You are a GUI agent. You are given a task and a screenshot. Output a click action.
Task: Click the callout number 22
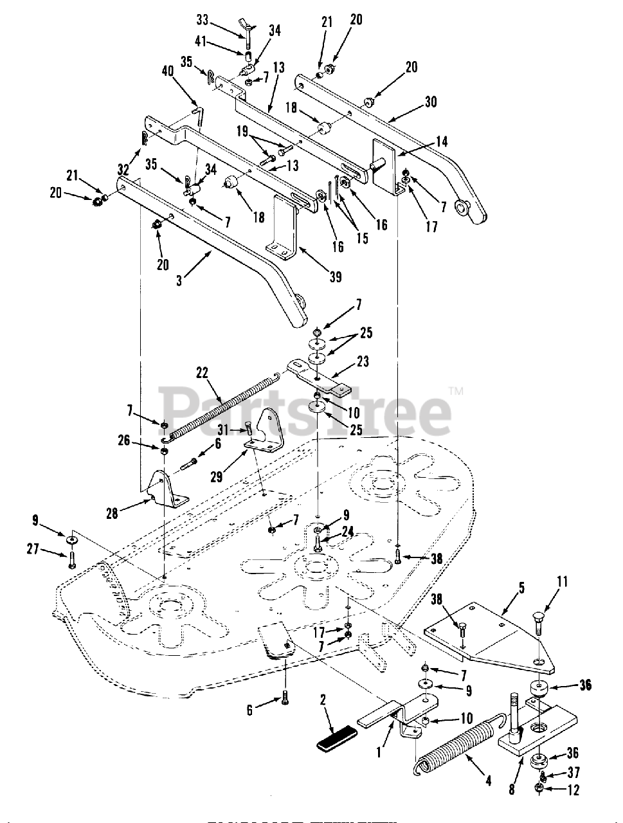pos(203,372)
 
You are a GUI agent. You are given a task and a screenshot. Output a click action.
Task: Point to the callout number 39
pos(335,276)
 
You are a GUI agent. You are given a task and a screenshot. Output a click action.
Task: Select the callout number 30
pos(431,102)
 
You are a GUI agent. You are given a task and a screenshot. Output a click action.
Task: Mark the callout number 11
pos(563,583)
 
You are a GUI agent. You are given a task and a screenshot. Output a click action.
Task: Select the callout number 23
pos(363,362)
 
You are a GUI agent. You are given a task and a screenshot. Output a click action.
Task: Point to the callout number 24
pos(348,531)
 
